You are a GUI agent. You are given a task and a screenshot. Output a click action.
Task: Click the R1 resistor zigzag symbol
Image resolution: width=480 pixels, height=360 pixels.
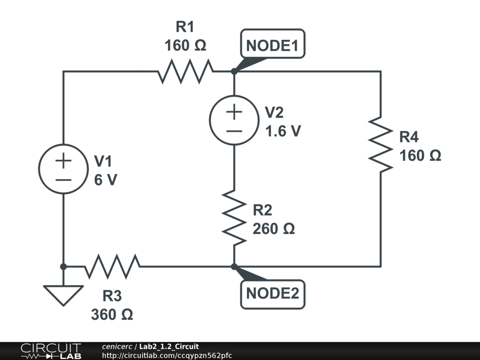186,71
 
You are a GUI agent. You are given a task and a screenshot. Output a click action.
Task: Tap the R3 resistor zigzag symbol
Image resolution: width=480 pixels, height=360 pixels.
112,266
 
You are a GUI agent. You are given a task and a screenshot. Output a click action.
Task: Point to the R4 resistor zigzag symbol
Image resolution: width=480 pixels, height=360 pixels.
380,144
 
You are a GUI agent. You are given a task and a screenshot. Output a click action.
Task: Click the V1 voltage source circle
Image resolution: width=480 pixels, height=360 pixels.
63,169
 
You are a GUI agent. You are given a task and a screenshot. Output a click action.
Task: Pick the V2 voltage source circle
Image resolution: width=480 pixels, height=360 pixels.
233,120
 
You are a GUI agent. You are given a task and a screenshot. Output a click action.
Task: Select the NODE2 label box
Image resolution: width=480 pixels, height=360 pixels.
272,294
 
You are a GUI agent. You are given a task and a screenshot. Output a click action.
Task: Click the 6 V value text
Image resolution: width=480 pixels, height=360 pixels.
105,180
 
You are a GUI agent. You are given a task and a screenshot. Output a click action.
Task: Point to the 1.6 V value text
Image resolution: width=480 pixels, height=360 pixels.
283,131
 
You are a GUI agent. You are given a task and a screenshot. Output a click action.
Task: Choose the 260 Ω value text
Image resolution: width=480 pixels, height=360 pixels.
274,229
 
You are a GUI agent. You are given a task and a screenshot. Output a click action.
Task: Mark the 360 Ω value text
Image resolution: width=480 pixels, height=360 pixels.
112,314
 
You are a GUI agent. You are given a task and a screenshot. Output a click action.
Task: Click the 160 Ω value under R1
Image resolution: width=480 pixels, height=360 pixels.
185,45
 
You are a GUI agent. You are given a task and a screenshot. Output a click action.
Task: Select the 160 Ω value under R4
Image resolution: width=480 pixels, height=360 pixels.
420,155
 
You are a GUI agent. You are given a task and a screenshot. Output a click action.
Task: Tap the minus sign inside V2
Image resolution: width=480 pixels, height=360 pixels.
234,130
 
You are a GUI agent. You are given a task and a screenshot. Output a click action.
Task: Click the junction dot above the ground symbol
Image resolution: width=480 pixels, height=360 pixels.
63,266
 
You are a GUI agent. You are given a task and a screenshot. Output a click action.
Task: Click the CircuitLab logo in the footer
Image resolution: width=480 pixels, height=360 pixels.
51,351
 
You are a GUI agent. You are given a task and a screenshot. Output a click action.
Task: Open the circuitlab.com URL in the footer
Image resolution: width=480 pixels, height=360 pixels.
166,355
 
